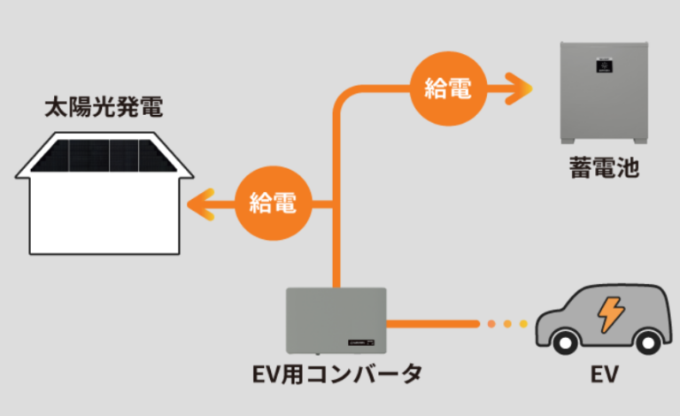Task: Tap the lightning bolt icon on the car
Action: click(x=610, y=313)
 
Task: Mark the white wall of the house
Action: click(x=103, y=212)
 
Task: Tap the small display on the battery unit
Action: click(x=604, y=64)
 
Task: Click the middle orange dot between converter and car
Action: click(x=508, y=324)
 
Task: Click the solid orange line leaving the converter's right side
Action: click(x=434, y=324)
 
